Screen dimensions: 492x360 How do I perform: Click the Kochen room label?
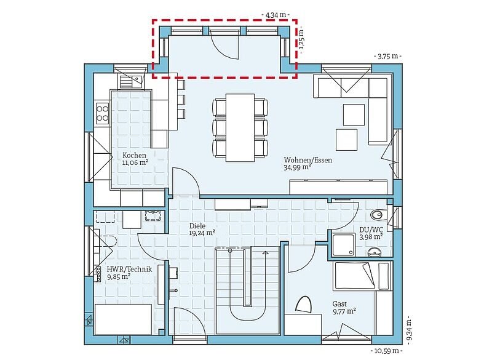(134, 155)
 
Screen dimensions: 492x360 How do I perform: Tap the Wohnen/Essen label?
(308, 160)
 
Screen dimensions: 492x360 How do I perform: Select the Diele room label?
(197, 226)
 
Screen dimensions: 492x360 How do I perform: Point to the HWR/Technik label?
(129, 269)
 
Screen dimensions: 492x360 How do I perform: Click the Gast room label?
(339, 304)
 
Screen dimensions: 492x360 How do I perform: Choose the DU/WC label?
(371, 230)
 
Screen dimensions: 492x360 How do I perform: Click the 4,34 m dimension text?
(276, 14)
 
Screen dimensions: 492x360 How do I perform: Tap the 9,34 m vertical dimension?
(408, 330)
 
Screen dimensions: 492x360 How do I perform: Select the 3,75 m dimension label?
(388, 56)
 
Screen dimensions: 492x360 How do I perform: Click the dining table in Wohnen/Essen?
(240, 127)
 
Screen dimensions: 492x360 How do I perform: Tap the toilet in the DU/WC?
(377, 215)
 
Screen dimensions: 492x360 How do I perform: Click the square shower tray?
(344, 245)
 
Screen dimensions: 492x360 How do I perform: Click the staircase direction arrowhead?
(266, 252)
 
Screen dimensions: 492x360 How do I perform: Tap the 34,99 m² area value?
(297, 167)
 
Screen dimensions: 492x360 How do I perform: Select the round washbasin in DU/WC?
(375, 252)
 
